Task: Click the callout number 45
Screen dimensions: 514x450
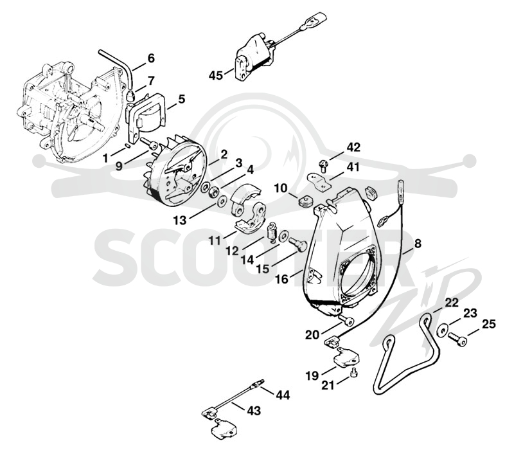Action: pyautogui.click(x=216, y=75)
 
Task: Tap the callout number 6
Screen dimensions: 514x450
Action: pyautogui.click(x=151, y=59)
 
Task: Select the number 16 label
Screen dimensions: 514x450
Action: pyautogui.click(x=282, y=279)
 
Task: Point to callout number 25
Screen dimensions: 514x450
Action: pyautogui.click(x=489, y=325)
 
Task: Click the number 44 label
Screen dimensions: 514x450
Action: pyautogui.click(x=283, y=395)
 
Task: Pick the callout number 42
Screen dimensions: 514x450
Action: pyautogui.click(x=353, y=147)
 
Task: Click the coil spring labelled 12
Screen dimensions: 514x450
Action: pyautogui.click(x=272, y=232)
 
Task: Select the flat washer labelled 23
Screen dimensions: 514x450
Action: pyautogui.click(x=441, y=329)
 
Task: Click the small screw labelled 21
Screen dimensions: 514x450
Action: pyautogui.click(x=354, y=373)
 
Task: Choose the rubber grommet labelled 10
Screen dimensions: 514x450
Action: pyautogui.click(x=307, y=201)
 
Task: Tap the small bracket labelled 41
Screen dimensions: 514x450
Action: pyautogui.click(x=319, y=181)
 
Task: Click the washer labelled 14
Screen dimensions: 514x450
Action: pyautogui.click(x=283, y=236)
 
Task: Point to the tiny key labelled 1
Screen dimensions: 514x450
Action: pyautogui.click(x=128, y=146)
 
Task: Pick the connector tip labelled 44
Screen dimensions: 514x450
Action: pyautogui.click(x=256, y=383)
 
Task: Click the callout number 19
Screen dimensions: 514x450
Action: pyautogui.click(x=312, y=375)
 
